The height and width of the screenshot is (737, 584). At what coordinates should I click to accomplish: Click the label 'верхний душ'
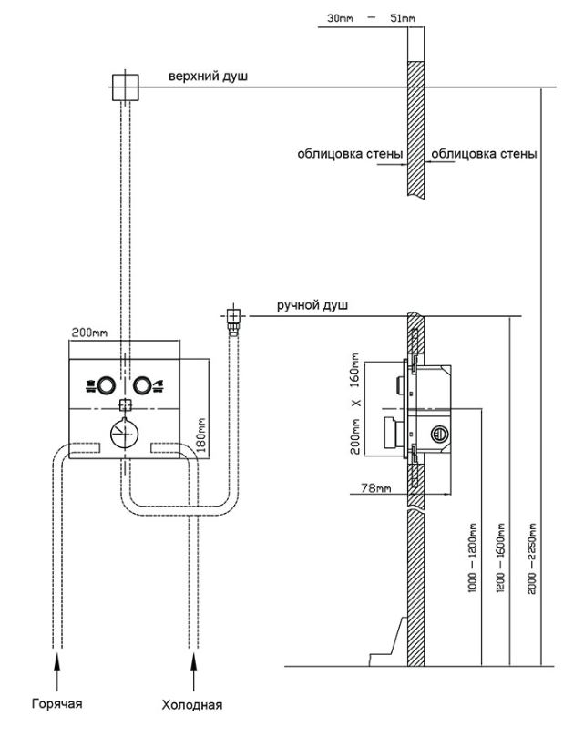pos(207,77)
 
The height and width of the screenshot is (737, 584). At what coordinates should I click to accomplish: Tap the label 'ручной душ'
pos(312,306)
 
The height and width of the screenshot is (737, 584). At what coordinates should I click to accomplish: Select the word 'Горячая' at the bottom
pos(56,703)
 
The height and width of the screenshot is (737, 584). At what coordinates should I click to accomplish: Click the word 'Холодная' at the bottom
pos(191,704)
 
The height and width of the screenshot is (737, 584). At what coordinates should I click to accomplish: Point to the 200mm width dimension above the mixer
pos(89,333)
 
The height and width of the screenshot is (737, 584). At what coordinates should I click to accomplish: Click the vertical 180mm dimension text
pos(202,434)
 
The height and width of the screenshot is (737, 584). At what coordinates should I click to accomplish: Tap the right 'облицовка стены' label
pos(484,154)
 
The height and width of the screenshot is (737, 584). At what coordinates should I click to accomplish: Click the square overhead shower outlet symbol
pos(123,87)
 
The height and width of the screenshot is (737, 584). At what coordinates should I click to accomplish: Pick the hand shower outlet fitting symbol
pos(234,316)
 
